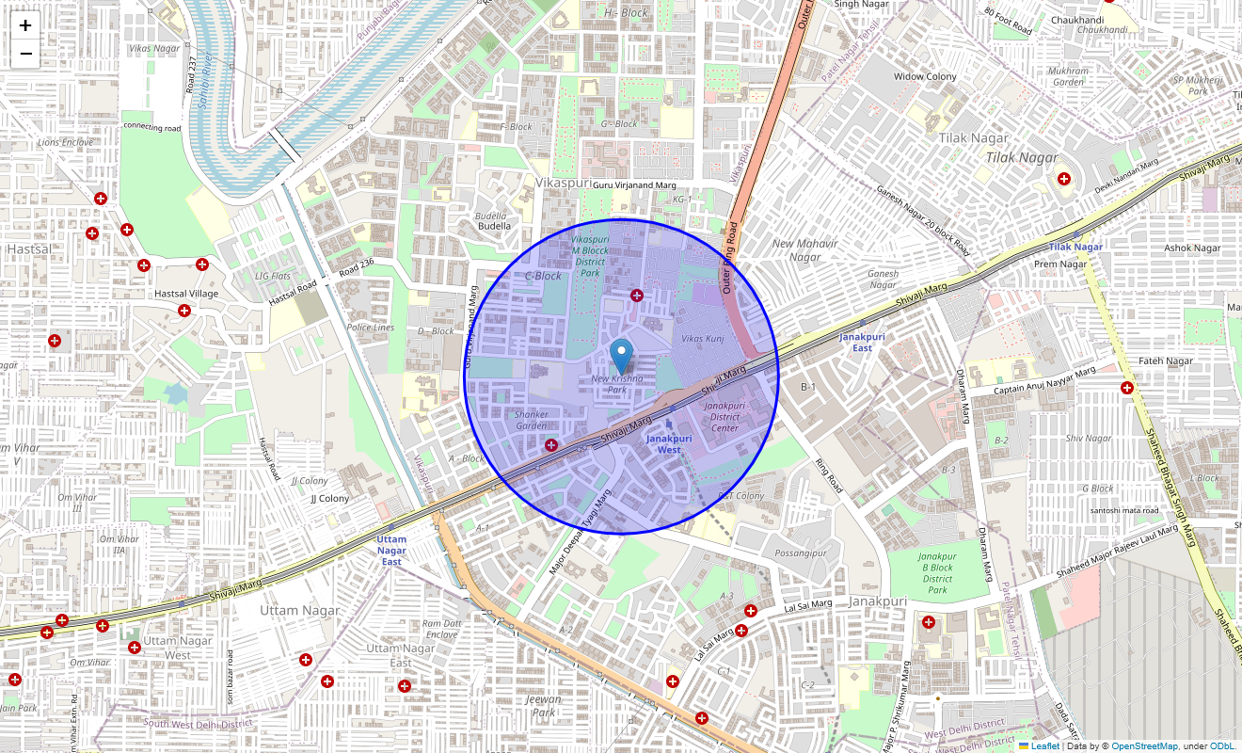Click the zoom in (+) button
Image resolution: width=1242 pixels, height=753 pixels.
(25, 25)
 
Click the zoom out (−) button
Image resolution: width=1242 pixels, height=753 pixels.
(25, 54)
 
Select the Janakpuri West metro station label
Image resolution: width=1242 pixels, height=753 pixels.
(669, 443)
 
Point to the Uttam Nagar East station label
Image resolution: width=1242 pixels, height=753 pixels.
(391, 550)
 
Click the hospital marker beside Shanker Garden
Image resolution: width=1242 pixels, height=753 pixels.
(551, 444)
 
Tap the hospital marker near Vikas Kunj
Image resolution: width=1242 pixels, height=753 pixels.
(637, 296)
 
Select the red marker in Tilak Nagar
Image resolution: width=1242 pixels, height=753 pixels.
(1064, 179)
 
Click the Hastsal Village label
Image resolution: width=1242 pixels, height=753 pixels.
(186, 294)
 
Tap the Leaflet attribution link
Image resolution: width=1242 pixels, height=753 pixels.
(1044, 745)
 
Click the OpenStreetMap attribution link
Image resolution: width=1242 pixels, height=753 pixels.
(1144, 745)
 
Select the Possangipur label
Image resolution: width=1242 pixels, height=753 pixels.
(799, 552)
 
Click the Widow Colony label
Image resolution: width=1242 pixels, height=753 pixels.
(925, 76)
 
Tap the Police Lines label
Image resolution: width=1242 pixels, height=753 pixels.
(371, 327)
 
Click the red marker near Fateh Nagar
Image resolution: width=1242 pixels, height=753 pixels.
(1126, 387)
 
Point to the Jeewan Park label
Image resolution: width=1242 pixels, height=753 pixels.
(544, 705)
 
